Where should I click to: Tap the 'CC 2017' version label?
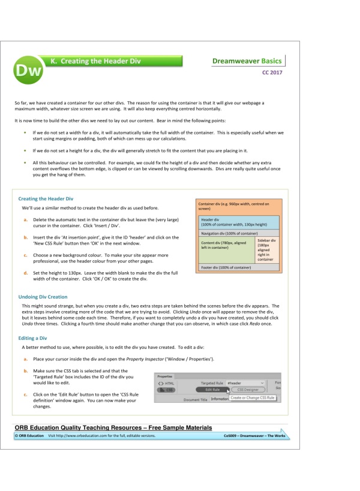click(x=272, y=73)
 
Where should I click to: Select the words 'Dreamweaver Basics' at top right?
click(x=247, y=61)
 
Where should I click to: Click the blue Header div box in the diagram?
click(x=238, y=222)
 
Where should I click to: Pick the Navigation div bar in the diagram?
click(x=238, y=233)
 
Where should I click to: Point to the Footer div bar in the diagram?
click(x=238, y=267)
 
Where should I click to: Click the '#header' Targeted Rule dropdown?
click(x=245, y=382)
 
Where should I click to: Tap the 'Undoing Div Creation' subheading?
click(x=43, y=297)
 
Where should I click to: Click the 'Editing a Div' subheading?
click(x=35, y=338)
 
